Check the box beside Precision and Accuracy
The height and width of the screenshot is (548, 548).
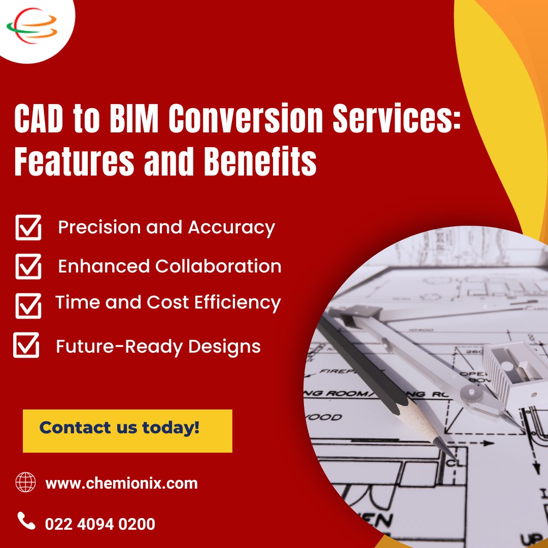click(x=28, y=227)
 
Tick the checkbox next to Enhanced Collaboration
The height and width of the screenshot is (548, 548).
click(x=28, y=266)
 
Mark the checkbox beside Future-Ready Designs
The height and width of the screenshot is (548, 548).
click(x=26, y=345)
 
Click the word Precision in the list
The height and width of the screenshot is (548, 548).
click(x=99, y=227)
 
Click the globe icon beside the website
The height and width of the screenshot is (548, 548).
click(x=26, y=482)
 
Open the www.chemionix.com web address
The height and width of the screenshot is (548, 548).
click(x=121, y=483)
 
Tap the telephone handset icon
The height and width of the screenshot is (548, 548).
click(x=26, y=521)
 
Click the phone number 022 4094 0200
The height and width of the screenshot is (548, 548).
click(x=100, y=523)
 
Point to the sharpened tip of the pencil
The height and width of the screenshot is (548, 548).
click(x=449, y=451)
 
